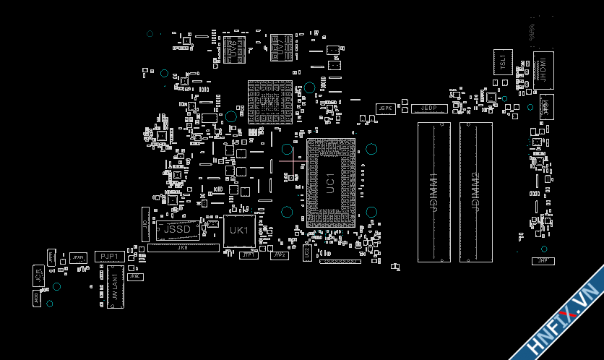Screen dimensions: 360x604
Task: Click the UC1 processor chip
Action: pos(329,183)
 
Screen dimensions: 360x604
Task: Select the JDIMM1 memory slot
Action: pos(433,192)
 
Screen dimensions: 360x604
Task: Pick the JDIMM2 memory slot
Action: pos(475,192)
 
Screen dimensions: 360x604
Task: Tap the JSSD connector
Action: pos(177,229)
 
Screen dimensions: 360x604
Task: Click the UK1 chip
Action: pos(238,231)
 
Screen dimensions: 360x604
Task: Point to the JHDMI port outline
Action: pos(543,72)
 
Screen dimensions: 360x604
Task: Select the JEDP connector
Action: pos(429,108)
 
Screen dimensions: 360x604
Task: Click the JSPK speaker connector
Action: pos(385,108)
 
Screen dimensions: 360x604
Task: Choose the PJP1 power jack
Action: pos(108,256)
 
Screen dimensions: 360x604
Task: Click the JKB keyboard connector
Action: pos(182,247)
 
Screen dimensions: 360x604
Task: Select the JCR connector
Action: pos(38,274)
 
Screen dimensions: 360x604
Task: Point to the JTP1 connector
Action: pos(248,254)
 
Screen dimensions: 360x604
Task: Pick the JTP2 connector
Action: pos(279,255)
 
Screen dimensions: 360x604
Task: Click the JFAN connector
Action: pos(78,257)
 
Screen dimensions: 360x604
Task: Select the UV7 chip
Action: pos(278,48)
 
